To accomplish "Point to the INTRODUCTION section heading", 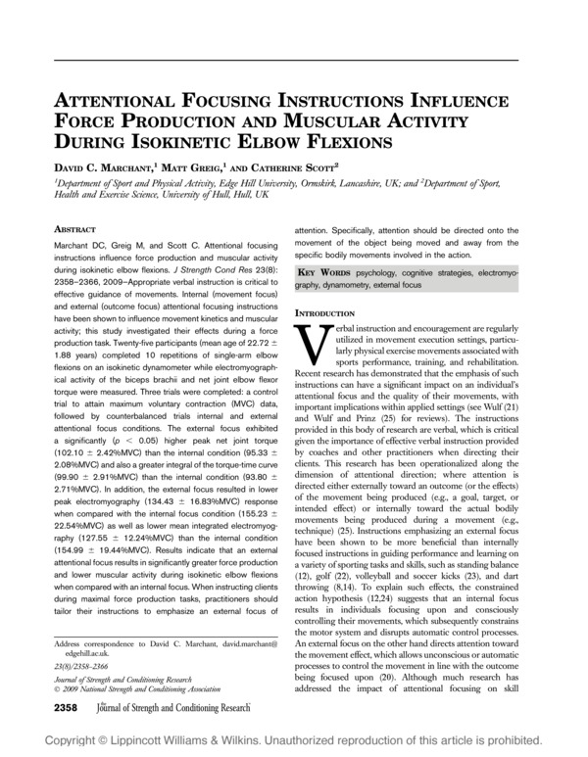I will tap(332, 311).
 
